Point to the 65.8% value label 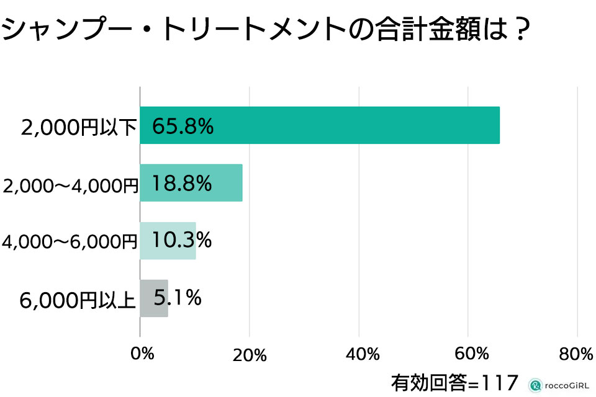click(x=183, y=126)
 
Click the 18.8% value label click(x=182, y=183)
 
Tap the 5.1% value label click(x=178, y=298)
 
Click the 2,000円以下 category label click(x=78, y=127)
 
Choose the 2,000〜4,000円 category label click(x=70, y=185)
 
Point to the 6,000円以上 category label click(x=78, y=300)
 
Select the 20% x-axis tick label click(x=251, y=355)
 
